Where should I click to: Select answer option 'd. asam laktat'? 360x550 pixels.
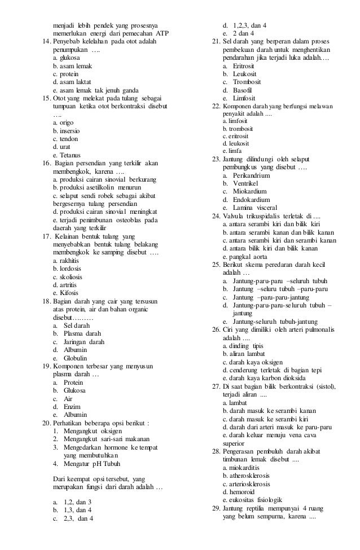71,81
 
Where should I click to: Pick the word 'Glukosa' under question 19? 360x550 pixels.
74,390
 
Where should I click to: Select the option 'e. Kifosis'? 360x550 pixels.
67,292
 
